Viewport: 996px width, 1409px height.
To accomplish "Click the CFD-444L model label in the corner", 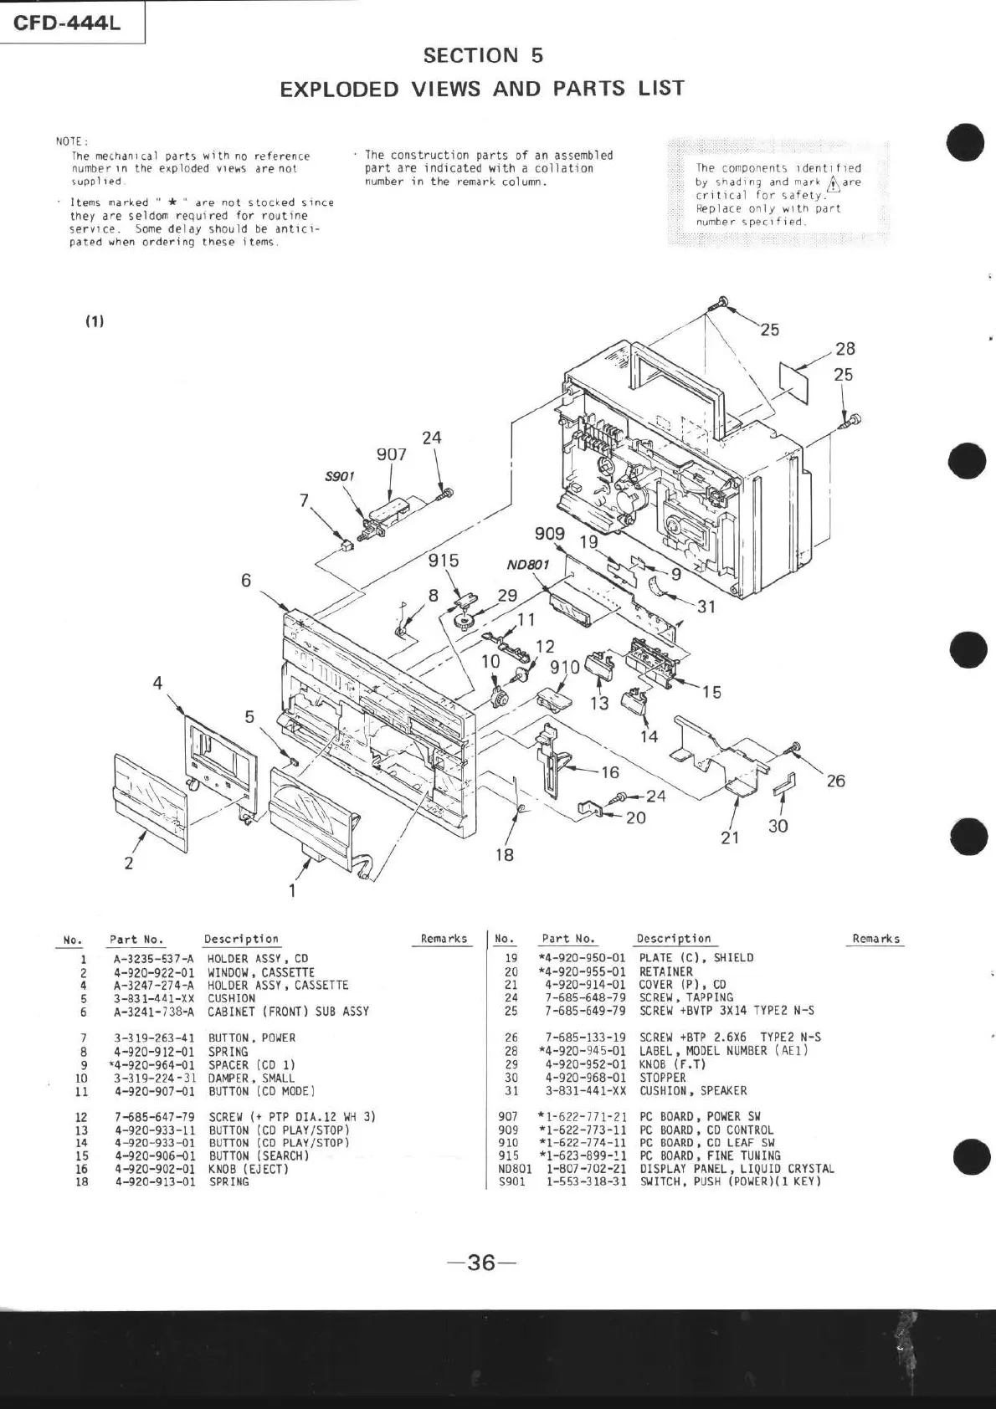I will pos(67,23).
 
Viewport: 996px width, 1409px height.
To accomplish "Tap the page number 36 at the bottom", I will pos(481,1262).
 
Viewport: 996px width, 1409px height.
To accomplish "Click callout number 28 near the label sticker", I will pos(845,349).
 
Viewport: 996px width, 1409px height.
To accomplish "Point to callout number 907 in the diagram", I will pos(391,454).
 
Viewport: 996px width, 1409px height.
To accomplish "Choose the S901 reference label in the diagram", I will pos(340,476).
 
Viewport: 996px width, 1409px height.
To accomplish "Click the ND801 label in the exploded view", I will pos(527,565).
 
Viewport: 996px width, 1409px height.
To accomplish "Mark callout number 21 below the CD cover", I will pos(730,837).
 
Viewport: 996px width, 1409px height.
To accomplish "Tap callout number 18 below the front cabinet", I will pos(504,855).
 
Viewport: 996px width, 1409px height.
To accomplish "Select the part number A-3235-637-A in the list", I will pos(153,959).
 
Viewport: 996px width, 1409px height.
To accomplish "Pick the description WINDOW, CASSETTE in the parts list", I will pos(261,972).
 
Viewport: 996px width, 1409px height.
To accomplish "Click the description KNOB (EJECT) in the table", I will pos(249,1169).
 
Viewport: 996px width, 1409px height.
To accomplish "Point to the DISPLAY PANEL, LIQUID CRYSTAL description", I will pos(737,1169).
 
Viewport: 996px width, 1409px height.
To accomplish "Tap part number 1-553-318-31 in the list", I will pos(586,1181).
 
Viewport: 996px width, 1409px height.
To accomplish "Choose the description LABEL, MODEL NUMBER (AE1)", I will pos(723,1051).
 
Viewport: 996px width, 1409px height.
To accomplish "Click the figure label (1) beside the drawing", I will pos(94,321).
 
